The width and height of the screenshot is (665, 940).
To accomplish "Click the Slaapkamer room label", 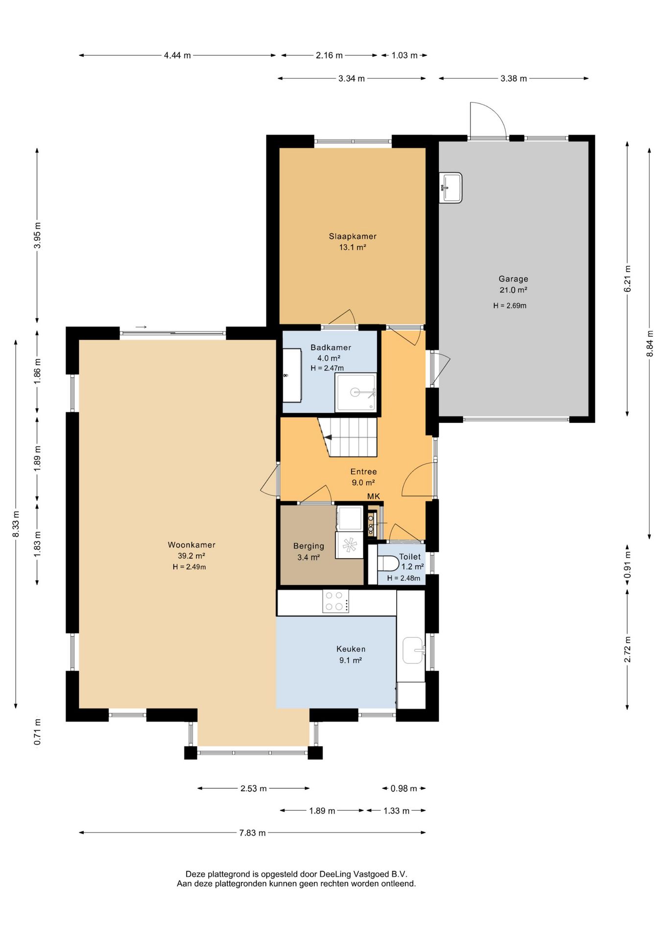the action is pyautogui.click(x=353, y=236).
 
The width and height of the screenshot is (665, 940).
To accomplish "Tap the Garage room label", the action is pyautogui.click(x=513, y=279).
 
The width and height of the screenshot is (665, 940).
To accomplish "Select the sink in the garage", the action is pyautogui.click(x=451, y=188).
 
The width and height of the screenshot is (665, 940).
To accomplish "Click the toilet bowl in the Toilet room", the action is pyautogui.click(x=388, y=563).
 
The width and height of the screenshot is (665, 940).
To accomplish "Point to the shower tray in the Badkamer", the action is pyautogui.click(x=356, y=392).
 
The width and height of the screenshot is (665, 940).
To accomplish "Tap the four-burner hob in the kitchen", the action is pyautogui.click(x=335, y=601).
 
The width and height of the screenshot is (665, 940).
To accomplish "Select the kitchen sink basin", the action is pyautogui.click(x=413, y=650).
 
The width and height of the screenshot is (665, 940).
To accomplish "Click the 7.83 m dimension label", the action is pyautogui.click(x=252, y=833).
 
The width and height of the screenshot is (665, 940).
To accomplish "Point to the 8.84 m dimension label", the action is pyautogui.click(x=650, y=344).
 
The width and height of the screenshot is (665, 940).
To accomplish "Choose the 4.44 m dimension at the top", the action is pyautogui.click(x=177, y=55).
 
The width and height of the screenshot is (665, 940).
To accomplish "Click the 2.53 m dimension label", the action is pyautogui.click(x=254, y=788).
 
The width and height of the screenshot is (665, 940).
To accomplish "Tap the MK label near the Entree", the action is pyautogui.click(x=374, y=496).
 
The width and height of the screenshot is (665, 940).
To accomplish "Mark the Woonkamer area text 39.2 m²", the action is pyautogui.click(x=191, y=556).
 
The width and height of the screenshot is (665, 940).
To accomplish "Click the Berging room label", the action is pyautogui.click(x=309, y=546).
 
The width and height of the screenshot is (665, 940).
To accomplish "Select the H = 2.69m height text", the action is pyautogui.click(x=510, y=305).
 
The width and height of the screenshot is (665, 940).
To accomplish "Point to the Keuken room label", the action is pyautogui.click(x=351, y=649).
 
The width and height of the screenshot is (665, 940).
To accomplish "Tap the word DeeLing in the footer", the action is pyautogui.click(x=335, y=874).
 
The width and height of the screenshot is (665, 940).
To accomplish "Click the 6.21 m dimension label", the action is pyautogui.click(x=627, y=279).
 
